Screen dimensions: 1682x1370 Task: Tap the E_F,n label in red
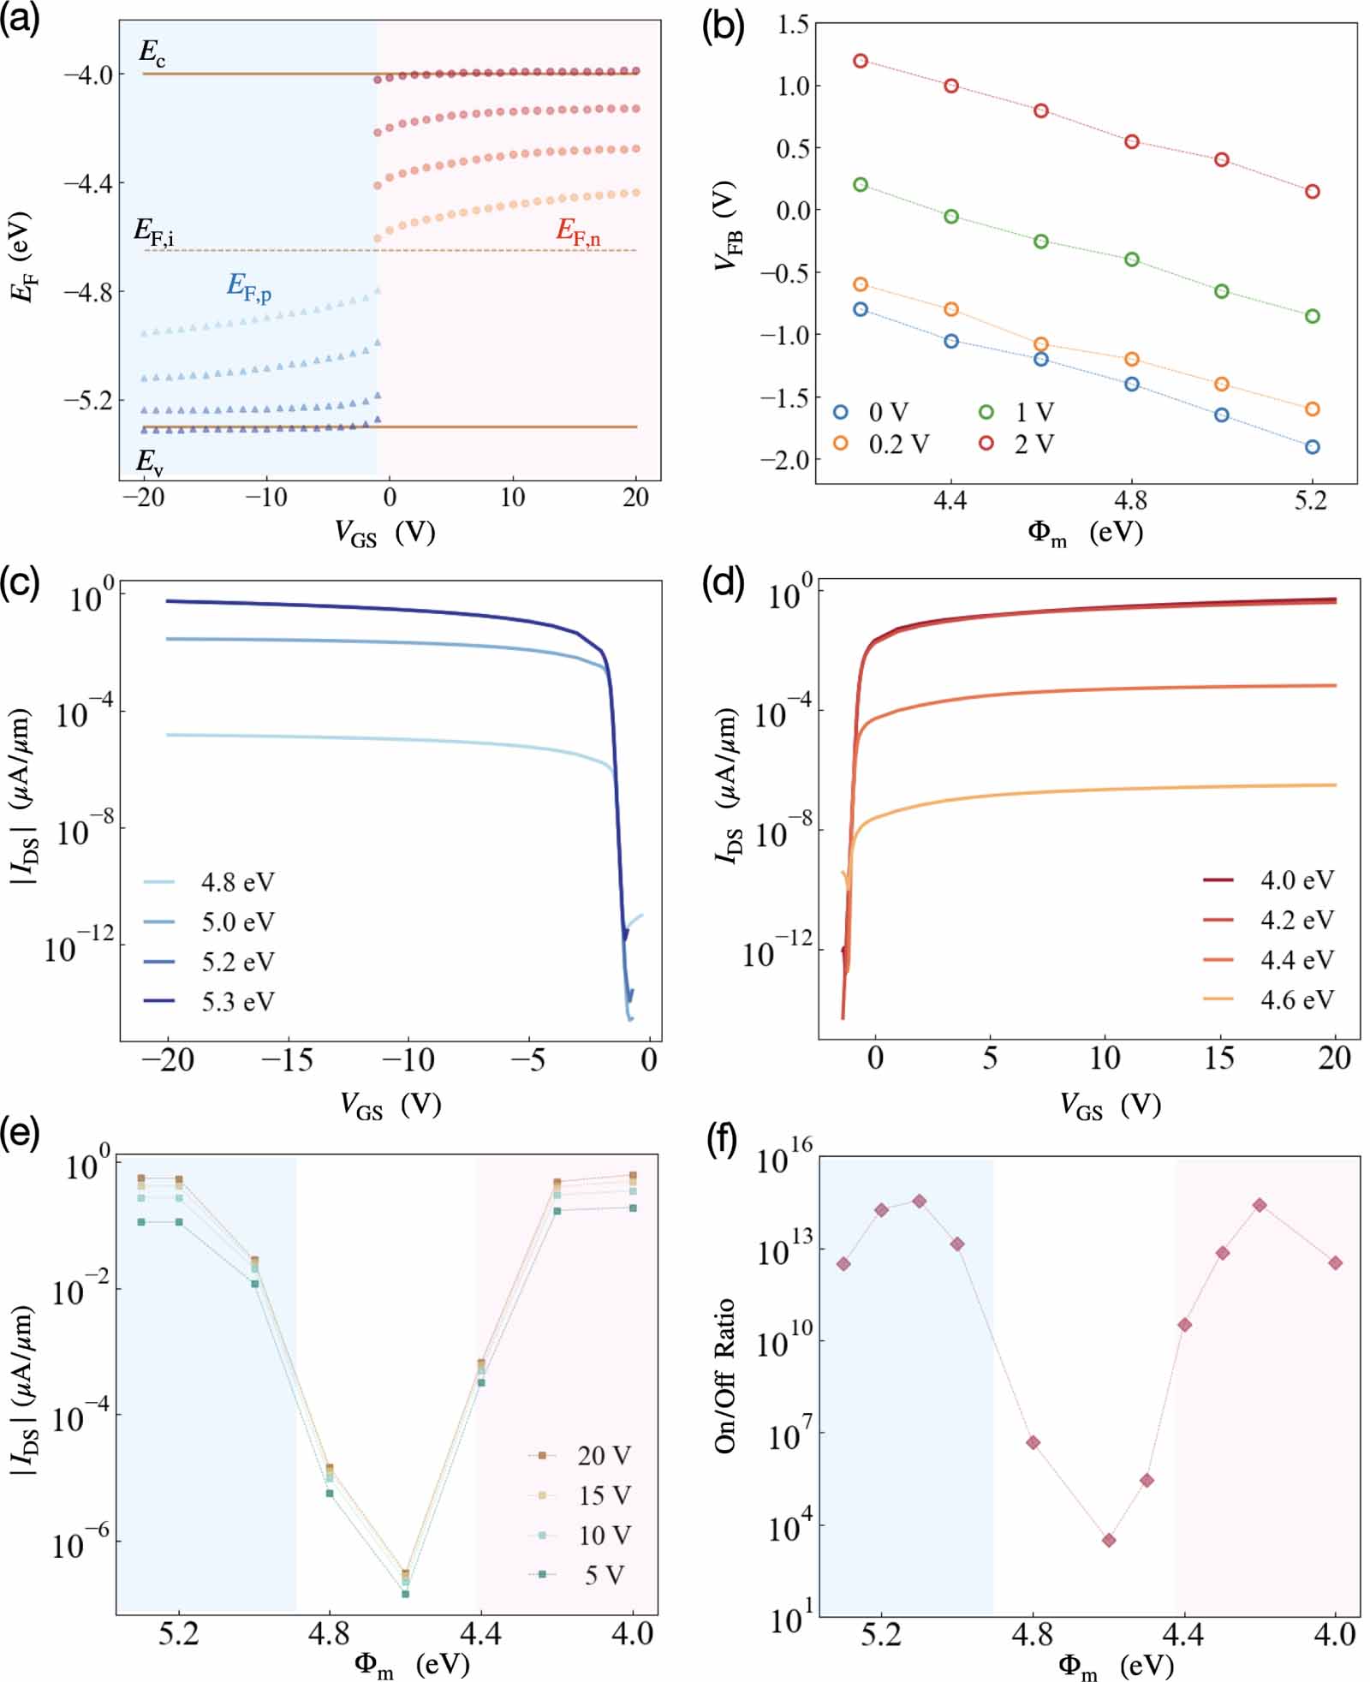click(578, 230)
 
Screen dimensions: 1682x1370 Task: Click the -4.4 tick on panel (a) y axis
click(87, 183)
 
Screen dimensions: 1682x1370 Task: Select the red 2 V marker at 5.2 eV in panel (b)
click(1312, 192)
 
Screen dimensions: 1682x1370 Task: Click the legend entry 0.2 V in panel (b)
click(898, 444)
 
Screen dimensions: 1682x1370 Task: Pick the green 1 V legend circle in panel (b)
click(986, 413)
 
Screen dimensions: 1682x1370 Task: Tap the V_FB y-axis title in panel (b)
click(727, 227)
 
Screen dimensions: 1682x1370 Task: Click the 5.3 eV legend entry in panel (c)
click(237, 1001)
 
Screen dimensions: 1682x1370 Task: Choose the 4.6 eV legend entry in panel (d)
click(1296, 999)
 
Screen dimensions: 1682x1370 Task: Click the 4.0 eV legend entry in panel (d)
click(1296, 880)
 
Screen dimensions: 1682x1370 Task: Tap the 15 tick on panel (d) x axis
click(1218, 1059)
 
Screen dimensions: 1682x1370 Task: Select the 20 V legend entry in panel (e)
click(604, 1455)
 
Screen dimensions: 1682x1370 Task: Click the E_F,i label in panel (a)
click(154, 230)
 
